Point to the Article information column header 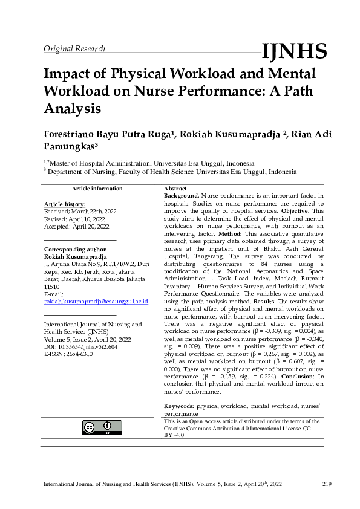point(97,189)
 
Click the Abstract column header point(175,189)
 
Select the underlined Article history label point(65,204)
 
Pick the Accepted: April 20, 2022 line point(77,226)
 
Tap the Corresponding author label point(76,249)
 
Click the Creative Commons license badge point(102,427)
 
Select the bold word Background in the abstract point(181,196)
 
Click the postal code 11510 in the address point(53,287)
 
